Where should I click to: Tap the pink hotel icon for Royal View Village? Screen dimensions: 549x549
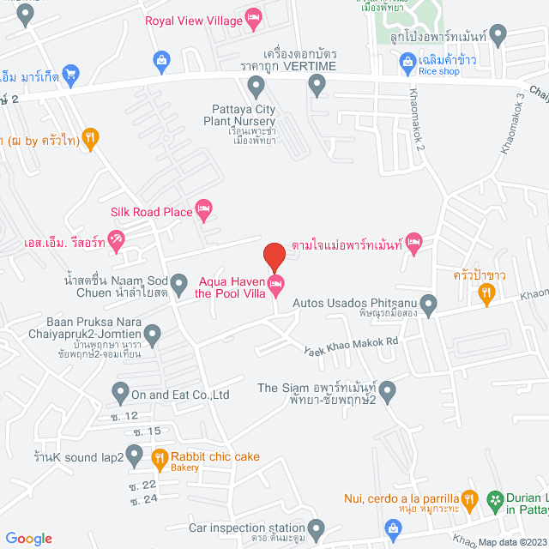[x=253, y=16]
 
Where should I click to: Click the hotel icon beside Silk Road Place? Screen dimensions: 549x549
[x=203, y=208]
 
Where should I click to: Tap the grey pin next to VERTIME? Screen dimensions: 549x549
[x=317, y=84]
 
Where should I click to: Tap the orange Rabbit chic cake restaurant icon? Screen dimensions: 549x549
[x=160, y=458]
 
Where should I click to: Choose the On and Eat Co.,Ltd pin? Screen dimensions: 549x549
[x=120, y=394]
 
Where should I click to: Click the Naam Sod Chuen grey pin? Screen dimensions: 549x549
[x=179, y=282]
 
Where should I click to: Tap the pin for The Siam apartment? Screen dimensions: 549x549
[x=388, y=393]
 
